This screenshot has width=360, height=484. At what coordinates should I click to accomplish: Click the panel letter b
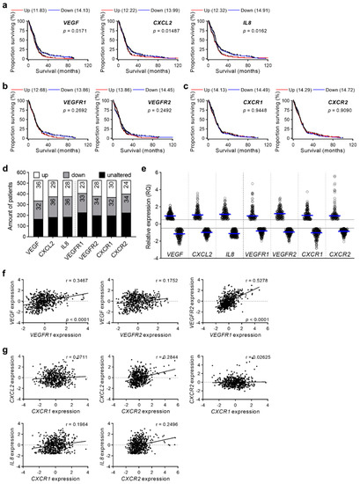click(x=5, y=89)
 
